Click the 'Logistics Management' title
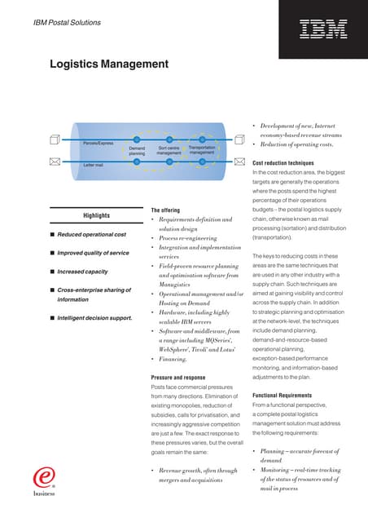[109, 64]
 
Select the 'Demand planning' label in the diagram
[138, 150]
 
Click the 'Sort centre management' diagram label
[169, 150]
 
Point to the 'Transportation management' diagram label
[201, 150]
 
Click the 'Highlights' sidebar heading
[96, 215]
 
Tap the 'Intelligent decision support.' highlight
[94, 317]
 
